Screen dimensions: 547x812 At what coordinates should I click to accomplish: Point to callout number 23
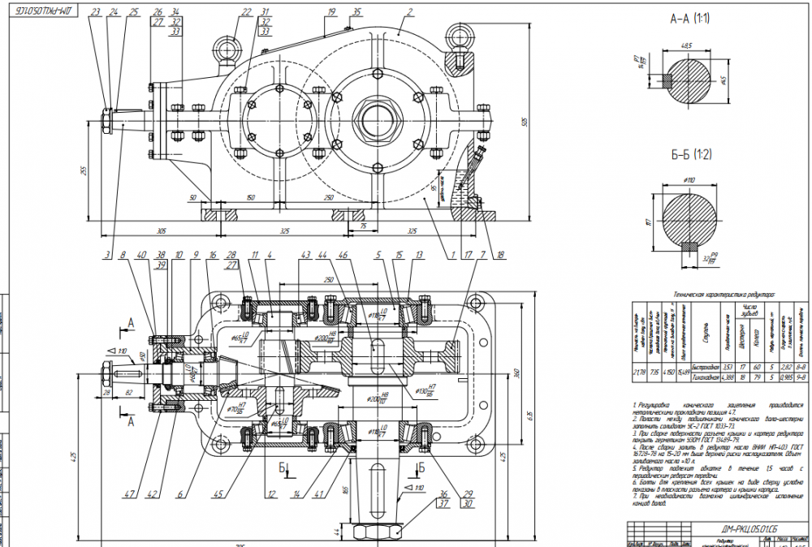pyautogui.click(x=96, y=12)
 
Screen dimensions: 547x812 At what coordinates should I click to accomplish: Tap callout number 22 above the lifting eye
pyautogui.click(x=246, y=12)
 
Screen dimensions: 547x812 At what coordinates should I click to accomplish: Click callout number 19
pyautogui.click(x=331, y=12)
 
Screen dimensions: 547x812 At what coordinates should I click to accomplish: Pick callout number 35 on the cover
pyautogui.click(x=357, y=12)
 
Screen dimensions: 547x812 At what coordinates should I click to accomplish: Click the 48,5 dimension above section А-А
pyautogui.click(x=687, y=45)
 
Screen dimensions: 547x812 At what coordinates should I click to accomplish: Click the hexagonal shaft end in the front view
pyautogui.click(x=106, y=121)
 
